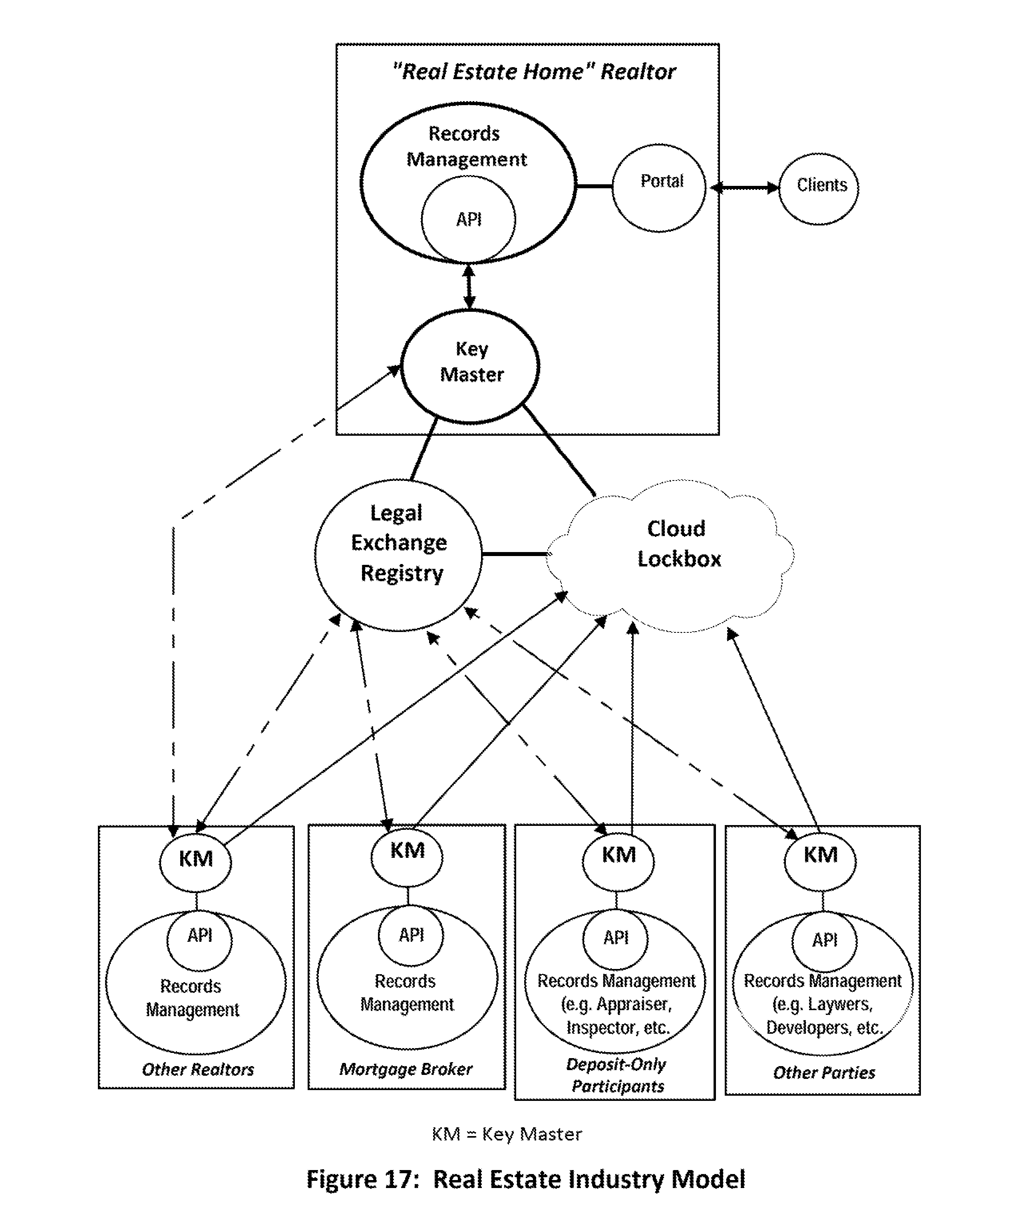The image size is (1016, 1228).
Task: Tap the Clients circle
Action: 819,188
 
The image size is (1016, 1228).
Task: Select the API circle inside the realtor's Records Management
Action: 468,219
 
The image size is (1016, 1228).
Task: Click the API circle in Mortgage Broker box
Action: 411,935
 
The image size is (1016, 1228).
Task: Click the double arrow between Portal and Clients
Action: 743,188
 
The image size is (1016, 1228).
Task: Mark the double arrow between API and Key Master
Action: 469,287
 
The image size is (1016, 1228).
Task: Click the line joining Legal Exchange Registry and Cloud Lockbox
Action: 515,554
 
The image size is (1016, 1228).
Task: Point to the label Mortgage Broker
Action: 406,1069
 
